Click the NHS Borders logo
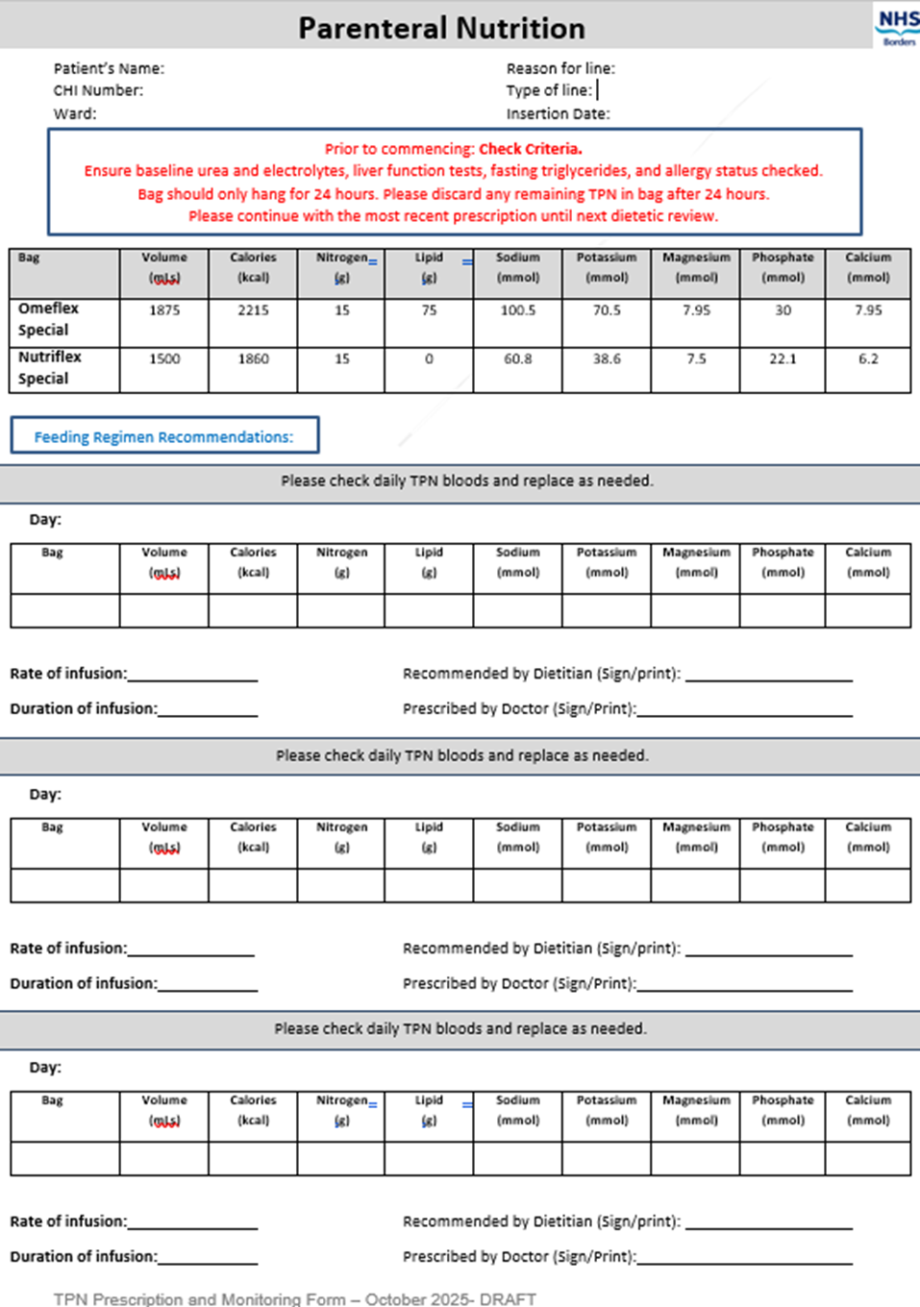tap(897, 26)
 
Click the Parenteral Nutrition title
tap(441, 28)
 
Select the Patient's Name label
tap(109, 68)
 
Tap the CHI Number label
tap(98, 90)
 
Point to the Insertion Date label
tap(558, 113)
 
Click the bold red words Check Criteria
tap(531, 149)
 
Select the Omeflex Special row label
tap(48, 319)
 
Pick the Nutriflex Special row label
tap(49, 367)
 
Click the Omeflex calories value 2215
tap(253, 310)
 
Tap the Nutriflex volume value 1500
tap(164, 358)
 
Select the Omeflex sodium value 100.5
tap(518, 310)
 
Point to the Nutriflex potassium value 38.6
tap(607, 358)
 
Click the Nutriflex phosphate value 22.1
tap(783, 358)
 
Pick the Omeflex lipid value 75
tap(429, 310)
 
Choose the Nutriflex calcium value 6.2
tap(868, 358)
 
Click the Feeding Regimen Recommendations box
tap(164, 436)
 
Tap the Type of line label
tap(549, 90)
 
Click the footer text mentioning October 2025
tap(294, 1298)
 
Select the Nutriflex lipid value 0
tap(429, 358)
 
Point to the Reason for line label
tap(560, 68)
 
